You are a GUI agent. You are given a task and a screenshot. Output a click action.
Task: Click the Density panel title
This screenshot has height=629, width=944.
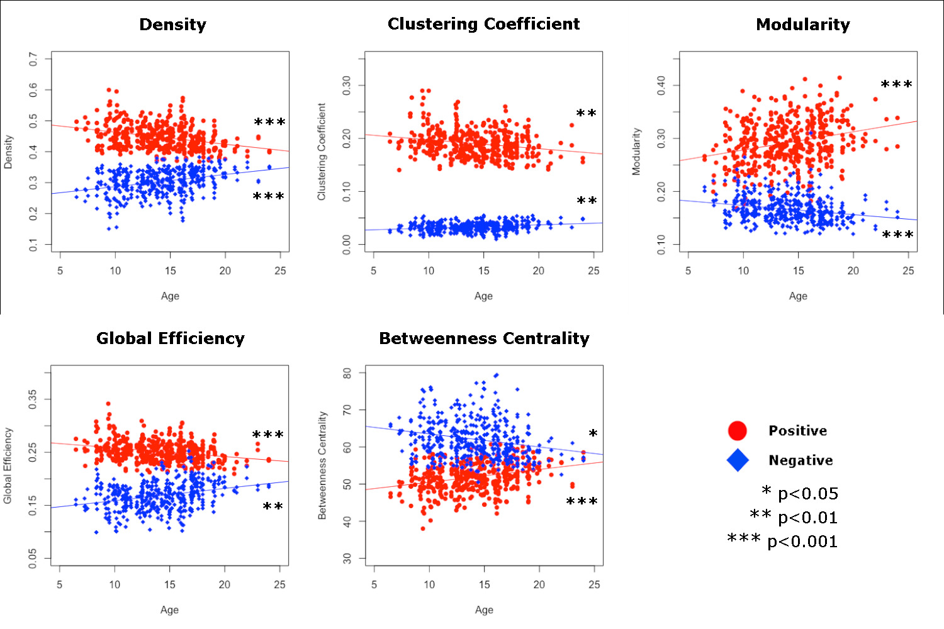pos(172,25)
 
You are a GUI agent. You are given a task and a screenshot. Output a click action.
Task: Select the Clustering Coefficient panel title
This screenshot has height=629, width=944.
pos(483,24)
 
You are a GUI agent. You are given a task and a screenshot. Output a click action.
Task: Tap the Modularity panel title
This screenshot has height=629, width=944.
pos(802,25)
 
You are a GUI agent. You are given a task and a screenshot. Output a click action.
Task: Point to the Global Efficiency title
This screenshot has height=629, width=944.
pos(170,338)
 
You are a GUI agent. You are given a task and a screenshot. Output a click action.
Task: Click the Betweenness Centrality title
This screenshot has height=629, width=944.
pos(484,338)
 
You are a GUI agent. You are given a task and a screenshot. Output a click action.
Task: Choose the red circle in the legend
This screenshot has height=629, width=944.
pos(737,431)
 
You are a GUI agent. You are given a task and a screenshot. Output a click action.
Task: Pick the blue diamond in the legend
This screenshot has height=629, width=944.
pos(738,460)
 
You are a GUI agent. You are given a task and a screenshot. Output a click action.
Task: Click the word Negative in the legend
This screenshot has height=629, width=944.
pos(801,460)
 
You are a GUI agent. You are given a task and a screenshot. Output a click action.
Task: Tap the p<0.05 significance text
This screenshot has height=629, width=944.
pos(807,494)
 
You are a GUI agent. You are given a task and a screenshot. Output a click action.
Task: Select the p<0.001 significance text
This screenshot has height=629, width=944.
pos(802,542)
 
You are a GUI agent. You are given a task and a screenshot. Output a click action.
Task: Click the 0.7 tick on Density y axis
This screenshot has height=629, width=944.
pos(33,59)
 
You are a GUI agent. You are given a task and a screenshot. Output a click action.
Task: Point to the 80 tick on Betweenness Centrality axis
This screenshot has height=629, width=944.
pos(347,373)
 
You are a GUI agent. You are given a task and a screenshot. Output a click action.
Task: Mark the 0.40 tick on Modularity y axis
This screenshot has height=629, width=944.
pos(661,86)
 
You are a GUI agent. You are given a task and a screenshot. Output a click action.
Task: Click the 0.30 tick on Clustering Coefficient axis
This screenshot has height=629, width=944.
pos(347,86)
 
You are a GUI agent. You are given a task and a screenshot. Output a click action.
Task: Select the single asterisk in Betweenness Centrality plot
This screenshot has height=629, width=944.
pos(593,434)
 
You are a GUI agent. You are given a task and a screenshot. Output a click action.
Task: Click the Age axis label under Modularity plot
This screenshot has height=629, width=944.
pos(798,296)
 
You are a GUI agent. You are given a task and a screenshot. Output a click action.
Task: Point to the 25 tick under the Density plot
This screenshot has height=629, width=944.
pos(280,270)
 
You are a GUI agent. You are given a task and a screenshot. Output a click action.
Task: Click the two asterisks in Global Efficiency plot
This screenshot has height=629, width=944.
pos(273,507)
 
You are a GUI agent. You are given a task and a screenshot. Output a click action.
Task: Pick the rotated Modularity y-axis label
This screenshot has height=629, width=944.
pos(636,152)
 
